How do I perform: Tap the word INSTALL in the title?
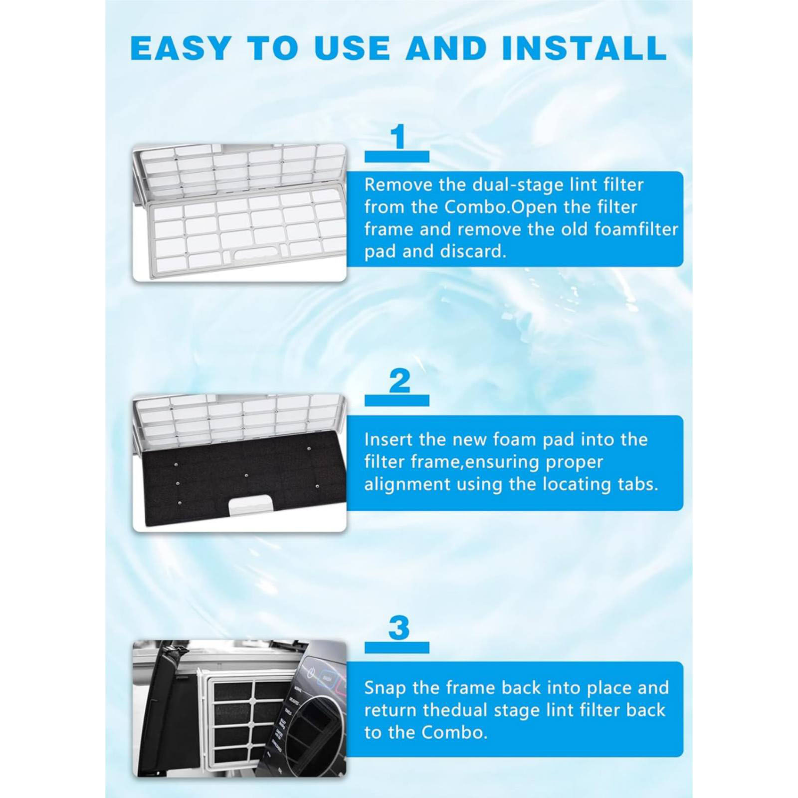[x=585, y=48]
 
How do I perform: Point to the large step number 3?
[x=399, y=627]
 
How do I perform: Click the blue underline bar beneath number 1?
[x=397, y=156]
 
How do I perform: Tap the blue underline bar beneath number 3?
[x=397, y=647]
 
